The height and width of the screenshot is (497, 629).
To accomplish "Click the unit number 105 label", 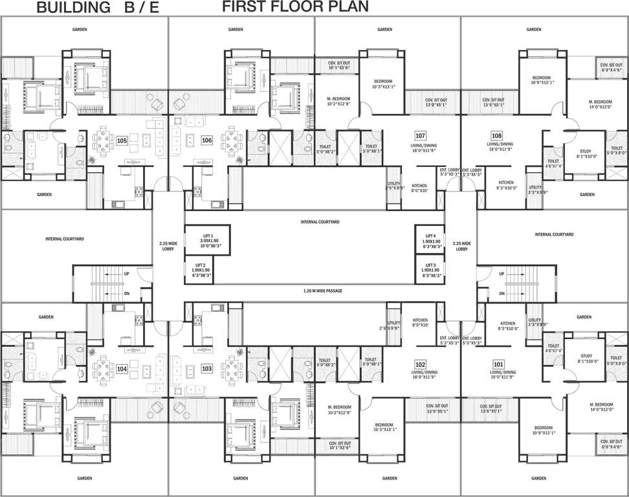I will pos(122,139).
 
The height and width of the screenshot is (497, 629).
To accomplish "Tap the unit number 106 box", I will pos(207,140).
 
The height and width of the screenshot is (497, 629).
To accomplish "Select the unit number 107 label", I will pos(421,136).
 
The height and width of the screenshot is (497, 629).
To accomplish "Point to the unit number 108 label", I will pos(496,136).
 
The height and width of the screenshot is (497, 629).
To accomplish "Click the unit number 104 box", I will pos(122,368).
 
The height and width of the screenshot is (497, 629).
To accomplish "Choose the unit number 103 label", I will pos(207,368).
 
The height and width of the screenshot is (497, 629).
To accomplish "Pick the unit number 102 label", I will pos(421,364).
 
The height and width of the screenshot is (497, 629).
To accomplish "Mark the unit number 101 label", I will pos(498,364).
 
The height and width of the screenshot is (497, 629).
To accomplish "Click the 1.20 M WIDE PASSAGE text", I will pos(323,291).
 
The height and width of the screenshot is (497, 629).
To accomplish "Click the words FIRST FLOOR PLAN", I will pos(296,7).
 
